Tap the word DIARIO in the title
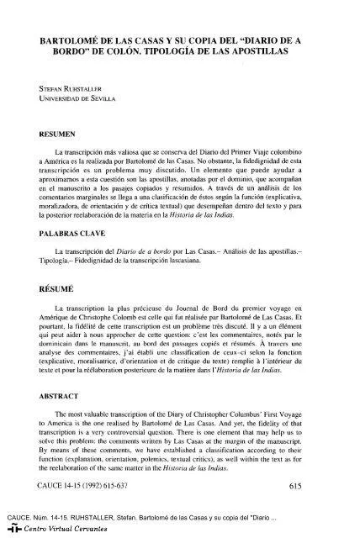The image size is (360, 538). pyautogui.click(x=276, y=39)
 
